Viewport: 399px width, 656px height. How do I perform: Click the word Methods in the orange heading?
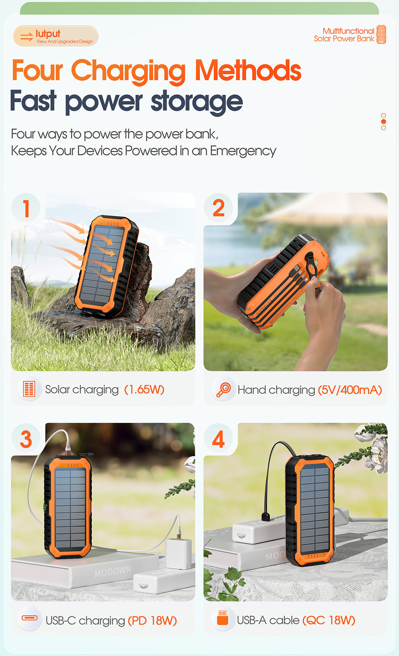pos(248,71)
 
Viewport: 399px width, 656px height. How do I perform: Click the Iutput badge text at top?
pos(48,34)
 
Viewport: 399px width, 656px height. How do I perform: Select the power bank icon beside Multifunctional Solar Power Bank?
pos(381,35)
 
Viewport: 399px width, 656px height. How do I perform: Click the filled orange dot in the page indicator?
pos(383,121)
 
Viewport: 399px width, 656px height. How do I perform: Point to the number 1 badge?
pos(26,208)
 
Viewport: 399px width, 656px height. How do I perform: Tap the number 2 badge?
pos(218,208)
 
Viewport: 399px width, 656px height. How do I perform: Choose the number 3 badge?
pos(26,439)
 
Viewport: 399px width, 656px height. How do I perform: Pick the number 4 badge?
pos(218,439)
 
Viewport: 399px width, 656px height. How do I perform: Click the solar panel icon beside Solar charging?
pos(29,389)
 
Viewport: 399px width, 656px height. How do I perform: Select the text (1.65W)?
pos(144,389)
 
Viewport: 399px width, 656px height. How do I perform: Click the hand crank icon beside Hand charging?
pos(223,389)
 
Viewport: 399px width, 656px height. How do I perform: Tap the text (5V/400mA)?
pos(350,390)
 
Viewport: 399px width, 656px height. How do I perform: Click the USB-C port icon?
pos(30,618)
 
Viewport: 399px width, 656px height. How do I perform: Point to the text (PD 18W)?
pos(152,620)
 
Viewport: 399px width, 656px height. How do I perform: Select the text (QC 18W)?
pos(329,620)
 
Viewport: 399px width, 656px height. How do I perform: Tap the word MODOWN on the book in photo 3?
pos(113,571)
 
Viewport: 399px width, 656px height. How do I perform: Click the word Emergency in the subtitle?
pos(243,151)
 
